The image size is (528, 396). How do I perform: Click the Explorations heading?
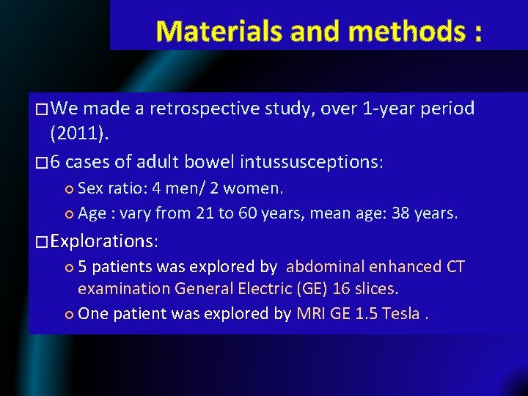click(105, 241)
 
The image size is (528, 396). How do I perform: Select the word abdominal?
click(325, 266)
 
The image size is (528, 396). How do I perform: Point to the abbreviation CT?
click(455, 266)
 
